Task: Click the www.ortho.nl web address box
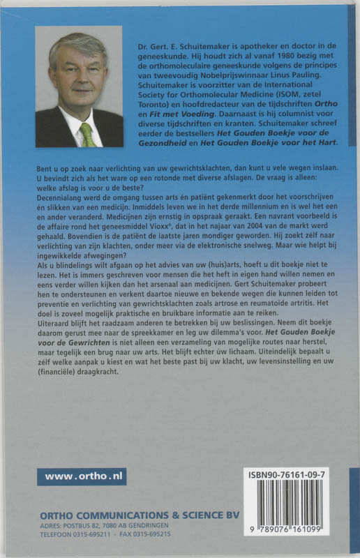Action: (x=82, y=476)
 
